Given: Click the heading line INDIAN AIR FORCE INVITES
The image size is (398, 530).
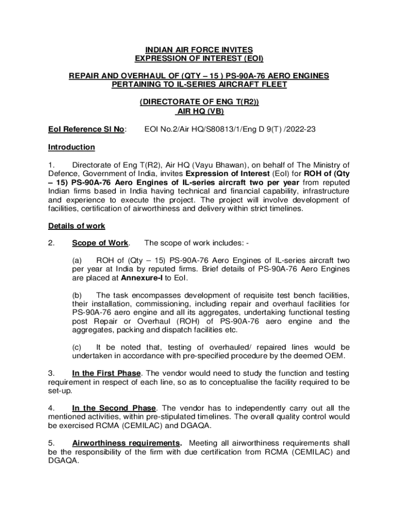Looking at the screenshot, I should [199, 50].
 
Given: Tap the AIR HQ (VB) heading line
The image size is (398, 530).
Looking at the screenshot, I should [199, 111].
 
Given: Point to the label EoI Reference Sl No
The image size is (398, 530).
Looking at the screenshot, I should [87, 129].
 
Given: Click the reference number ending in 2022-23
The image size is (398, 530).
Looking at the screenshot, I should [230, 129].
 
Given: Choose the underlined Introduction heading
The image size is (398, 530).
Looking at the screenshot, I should [71, 148].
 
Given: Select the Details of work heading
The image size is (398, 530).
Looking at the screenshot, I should [76, 226].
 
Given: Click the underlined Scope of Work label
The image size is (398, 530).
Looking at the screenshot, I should [100, 243].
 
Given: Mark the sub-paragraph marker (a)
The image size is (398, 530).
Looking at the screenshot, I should [77, 261].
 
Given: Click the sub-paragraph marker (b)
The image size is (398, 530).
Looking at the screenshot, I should [77, 295].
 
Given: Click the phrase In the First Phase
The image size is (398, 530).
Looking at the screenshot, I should [107, 373].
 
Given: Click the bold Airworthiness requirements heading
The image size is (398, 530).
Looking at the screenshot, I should [127, 444].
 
